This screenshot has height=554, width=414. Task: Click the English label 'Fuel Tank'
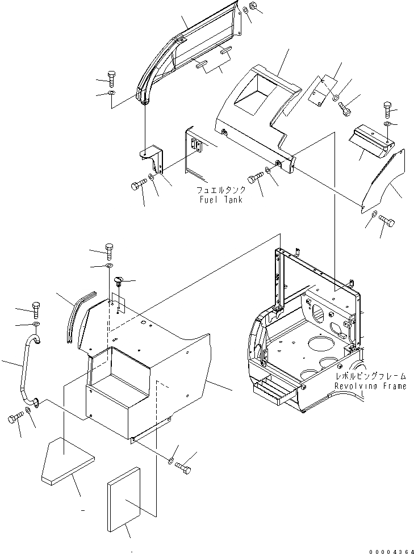coord(221,200)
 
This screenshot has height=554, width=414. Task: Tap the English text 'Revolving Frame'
coord(370,386)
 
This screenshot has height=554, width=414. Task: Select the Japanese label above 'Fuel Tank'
coord(221,191)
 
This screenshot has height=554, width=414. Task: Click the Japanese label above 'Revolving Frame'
coord(371,376)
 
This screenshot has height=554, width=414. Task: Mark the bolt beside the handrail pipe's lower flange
coord(14,420)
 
